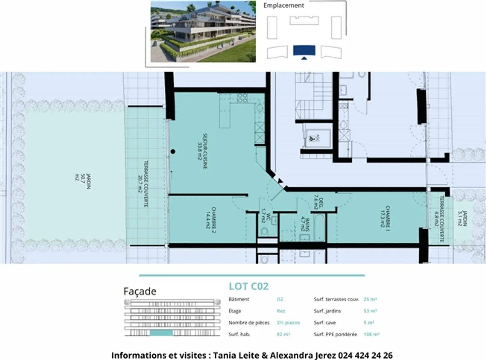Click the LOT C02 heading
[x=248, y=286]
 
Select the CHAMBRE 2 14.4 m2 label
[x=211, y=220]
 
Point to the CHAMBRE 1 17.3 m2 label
[x=385, y=216]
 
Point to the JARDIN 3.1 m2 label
[x=462, y=218]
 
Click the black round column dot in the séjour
[x=173, y=152]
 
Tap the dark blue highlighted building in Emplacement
[x=304, y=50]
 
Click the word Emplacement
[x=283, y=5]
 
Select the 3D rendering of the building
[x=203, y=32]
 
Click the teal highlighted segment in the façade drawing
[x=161, y=333]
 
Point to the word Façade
[x=140, y=291]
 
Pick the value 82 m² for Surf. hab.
[x=283, y=334]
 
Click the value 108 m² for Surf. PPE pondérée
[x=371, y=334]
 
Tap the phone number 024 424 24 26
[x=365, y=355]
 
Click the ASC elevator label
[x=317, y=138]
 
